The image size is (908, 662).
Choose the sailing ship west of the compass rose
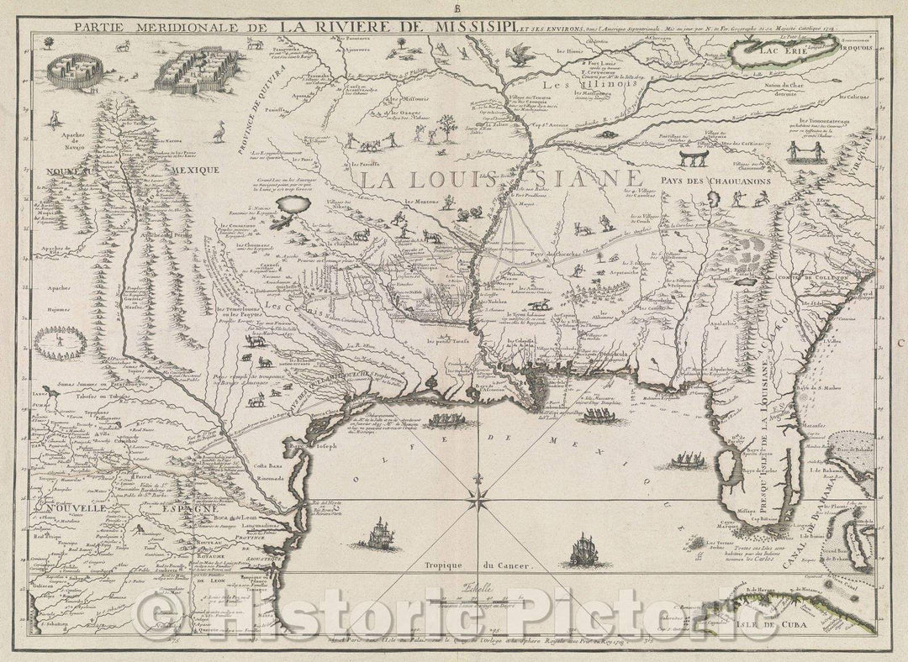pyautogui.click(x=382, y=532)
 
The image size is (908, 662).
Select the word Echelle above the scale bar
pyautogui.click(x=462, y=590)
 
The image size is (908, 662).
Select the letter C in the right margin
pyautogui.click(x=899, y=343)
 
